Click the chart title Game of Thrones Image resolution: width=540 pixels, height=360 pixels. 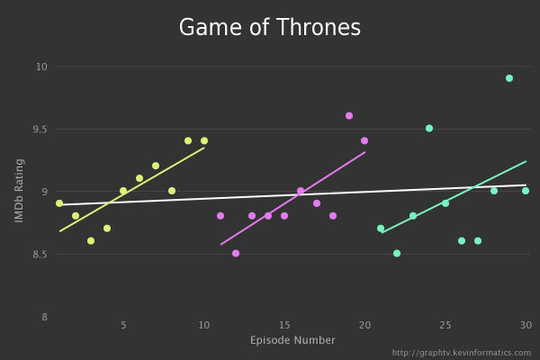coord(270,27)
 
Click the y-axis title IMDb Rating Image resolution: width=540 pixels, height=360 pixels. coord(19,191)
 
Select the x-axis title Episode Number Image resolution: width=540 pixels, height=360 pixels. coord(292,340)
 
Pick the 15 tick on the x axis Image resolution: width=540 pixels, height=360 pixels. coord(284,325)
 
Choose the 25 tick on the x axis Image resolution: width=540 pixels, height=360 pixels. coord(445,325)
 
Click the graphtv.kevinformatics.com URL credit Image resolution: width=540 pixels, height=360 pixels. coord(462,352)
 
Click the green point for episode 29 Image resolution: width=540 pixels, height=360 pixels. coord(509,78)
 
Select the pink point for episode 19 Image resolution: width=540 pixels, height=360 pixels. coord(349,115)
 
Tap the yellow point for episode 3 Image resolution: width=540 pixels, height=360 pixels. coord(91,241)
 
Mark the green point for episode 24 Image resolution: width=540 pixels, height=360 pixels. coord(429,128)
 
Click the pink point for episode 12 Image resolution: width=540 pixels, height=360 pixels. coord(236,254)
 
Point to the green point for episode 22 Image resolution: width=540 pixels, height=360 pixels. coord(397,254)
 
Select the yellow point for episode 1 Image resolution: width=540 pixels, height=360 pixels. coord(59,203)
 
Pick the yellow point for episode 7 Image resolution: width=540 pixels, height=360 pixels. coord(156,166)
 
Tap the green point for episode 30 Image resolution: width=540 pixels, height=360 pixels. coord(526,191)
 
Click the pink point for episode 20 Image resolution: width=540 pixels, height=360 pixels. coord(364,140)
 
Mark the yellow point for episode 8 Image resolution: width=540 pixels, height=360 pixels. coord(172,191)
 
